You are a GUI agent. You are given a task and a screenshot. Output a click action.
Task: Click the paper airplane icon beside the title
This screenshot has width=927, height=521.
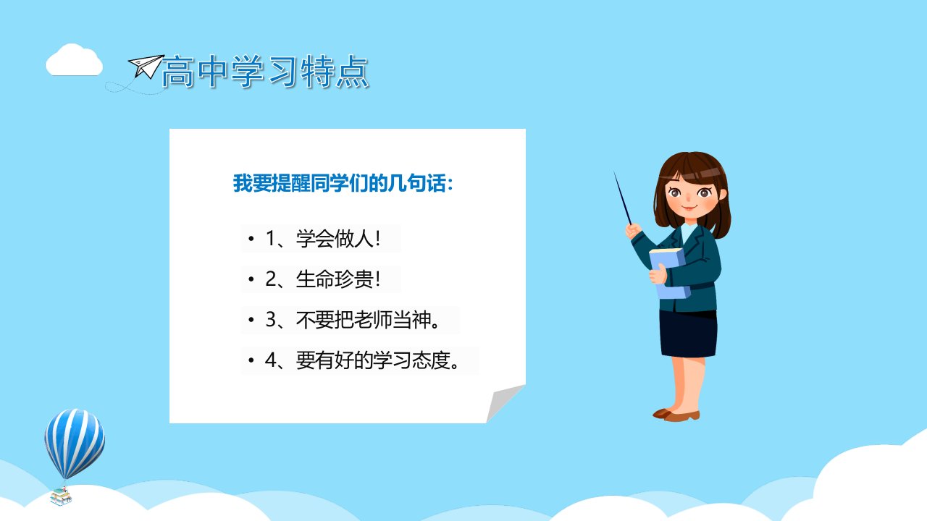(x=146, y=66)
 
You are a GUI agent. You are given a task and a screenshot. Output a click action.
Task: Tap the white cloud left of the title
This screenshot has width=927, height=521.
(x=74, y=60)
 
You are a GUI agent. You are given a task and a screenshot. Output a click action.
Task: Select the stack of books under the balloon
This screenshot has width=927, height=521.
(x=61, y=496)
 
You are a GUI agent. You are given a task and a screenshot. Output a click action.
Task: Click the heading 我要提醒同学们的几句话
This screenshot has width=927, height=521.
(x=343, y=183)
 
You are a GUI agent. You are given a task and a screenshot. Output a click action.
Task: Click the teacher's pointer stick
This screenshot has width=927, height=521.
(x=622, y=198)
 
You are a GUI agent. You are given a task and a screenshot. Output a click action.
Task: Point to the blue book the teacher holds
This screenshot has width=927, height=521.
(x=668, y=273)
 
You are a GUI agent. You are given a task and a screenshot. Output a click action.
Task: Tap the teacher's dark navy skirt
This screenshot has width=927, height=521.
(x=688, y=334)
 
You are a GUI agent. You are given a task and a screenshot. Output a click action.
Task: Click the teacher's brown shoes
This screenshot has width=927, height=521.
(x=676, y=415)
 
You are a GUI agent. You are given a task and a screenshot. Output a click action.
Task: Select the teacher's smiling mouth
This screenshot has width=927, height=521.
(x=689, y=208)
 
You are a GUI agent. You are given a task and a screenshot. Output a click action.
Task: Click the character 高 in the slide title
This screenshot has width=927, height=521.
(x=178, y=71)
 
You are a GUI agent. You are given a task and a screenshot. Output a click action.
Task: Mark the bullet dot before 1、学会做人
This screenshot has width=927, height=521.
(x=251, y=239)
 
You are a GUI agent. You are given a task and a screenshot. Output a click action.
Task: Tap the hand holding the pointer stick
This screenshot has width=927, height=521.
(x=633, y=230)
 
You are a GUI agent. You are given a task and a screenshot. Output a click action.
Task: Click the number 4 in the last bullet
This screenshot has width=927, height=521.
(x=271, y=360)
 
